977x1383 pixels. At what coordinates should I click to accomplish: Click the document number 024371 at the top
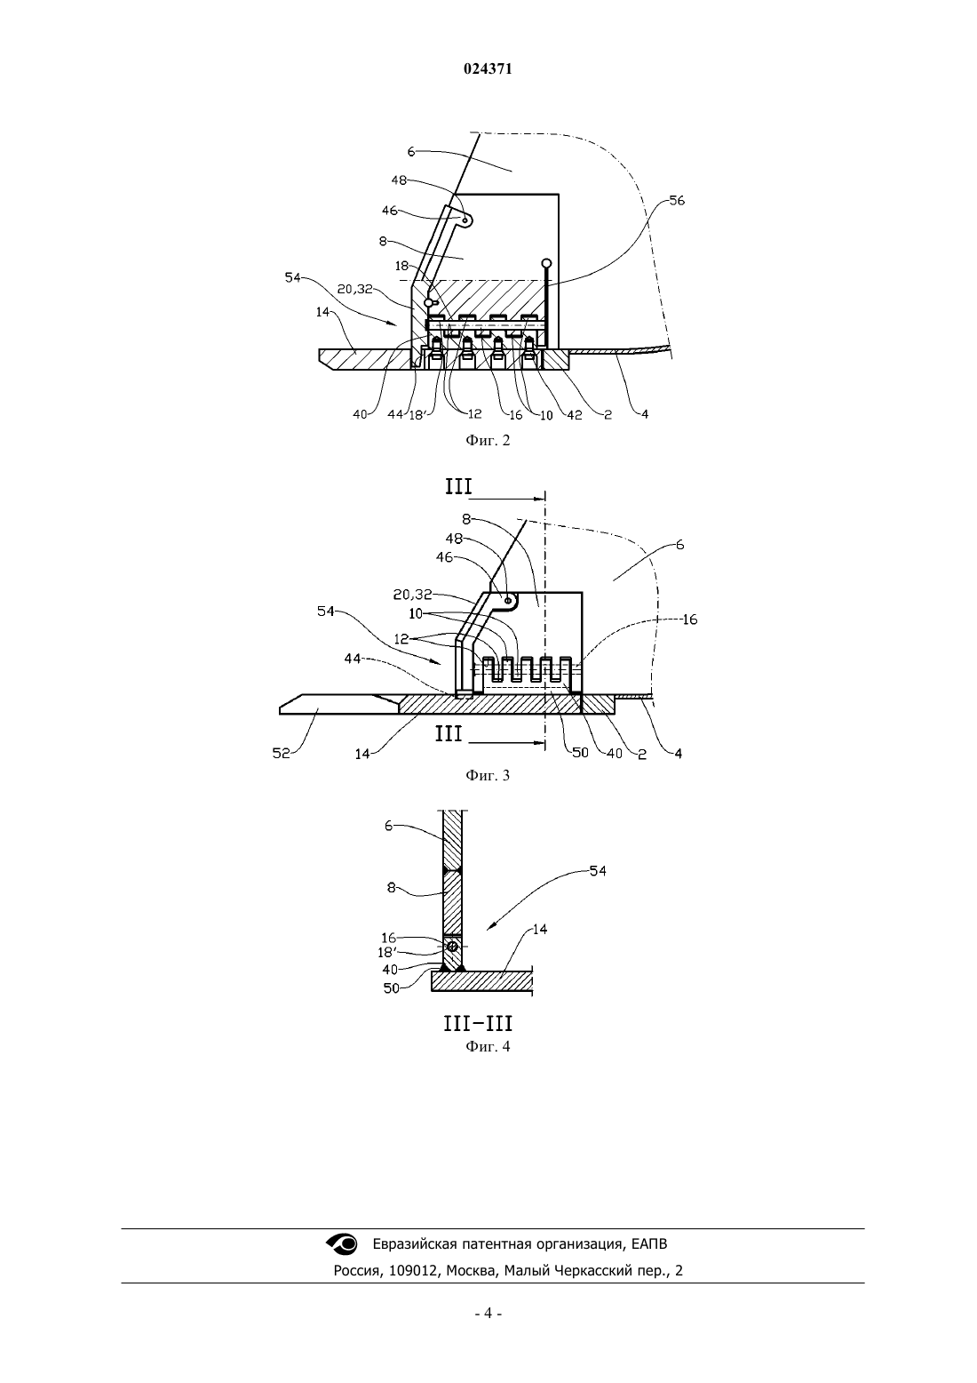coord(488,69)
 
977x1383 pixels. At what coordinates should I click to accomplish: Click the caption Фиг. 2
coord(488,440)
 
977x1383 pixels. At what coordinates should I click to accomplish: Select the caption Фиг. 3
coord(488,775)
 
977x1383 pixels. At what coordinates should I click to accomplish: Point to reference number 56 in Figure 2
coord(677,201)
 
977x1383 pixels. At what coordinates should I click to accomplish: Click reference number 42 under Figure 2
coord(575,415)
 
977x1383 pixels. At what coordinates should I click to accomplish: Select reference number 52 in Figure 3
coord(282,753)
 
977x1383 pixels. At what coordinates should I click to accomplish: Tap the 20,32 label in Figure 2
coord(355,289)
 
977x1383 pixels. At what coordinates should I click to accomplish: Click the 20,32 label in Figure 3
coord(412,595)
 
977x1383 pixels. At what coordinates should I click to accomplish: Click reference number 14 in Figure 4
coord(539,929)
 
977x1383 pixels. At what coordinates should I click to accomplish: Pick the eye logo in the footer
coord(341,1243)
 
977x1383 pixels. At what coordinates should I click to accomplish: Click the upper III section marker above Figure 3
coord(459,487)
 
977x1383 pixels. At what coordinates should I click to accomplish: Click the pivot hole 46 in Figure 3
coord(508,600)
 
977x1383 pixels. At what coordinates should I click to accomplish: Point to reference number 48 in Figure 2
coord(399,180)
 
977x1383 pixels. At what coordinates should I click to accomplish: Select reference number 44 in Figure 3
coord(353,660)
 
